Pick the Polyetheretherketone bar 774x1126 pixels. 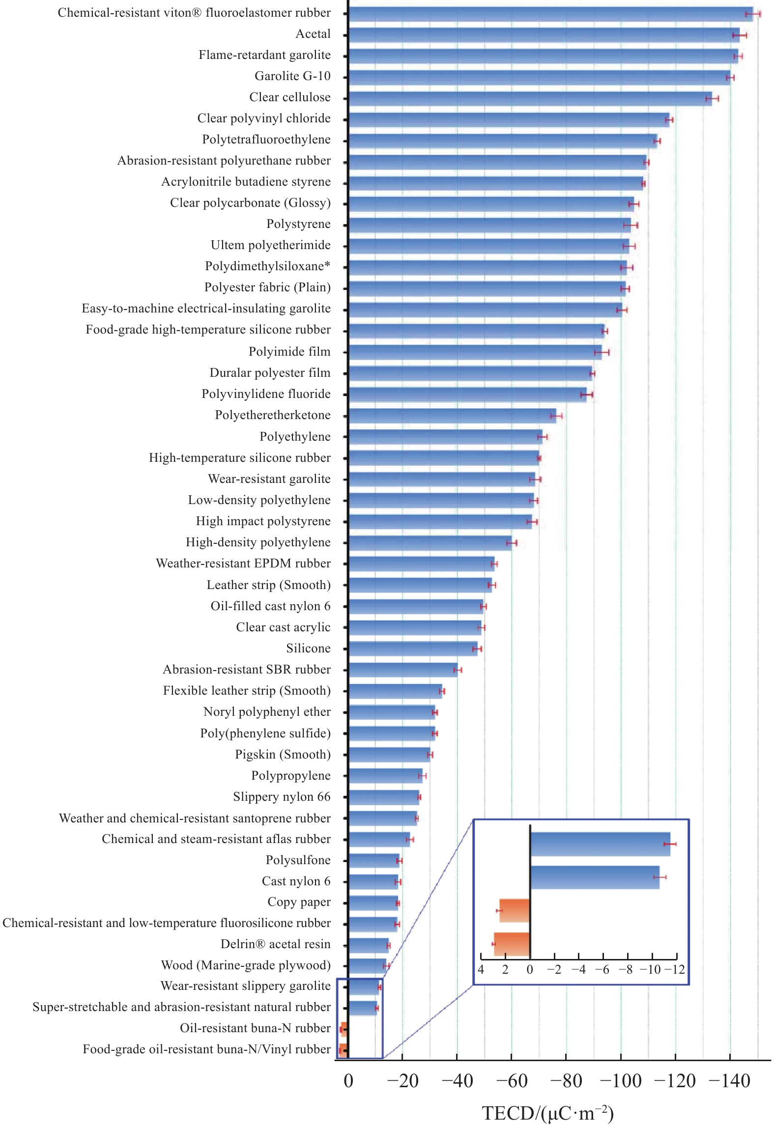tap(452, 416)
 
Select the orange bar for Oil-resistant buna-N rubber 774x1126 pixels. tap(344, 1029)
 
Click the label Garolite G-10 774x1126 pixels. tap(292, 76)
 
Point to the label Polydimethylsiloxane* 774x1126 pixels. tap(267, 266)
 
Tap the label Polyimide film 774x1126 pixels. tap(289, 352)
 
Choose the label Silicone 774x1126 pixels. tap(308, 648)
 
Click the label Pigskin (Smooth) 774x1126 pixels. tap(283, 755)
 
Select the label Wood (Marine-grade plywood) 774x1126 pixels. tap(246, 965)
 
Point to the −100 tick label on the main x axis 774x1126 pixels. tap(621, 1081)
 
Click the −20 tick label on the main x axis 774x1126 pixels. tap(402, 1081)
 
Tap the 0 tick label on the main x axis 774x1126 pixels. tap(348, 1081)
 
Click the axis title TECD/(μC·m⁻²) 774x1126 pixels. tap(547, 1113)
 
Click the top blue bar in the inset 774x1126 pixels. tap(600, 844)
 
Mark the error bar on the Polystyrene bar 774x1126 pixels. tap(631, 225)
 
